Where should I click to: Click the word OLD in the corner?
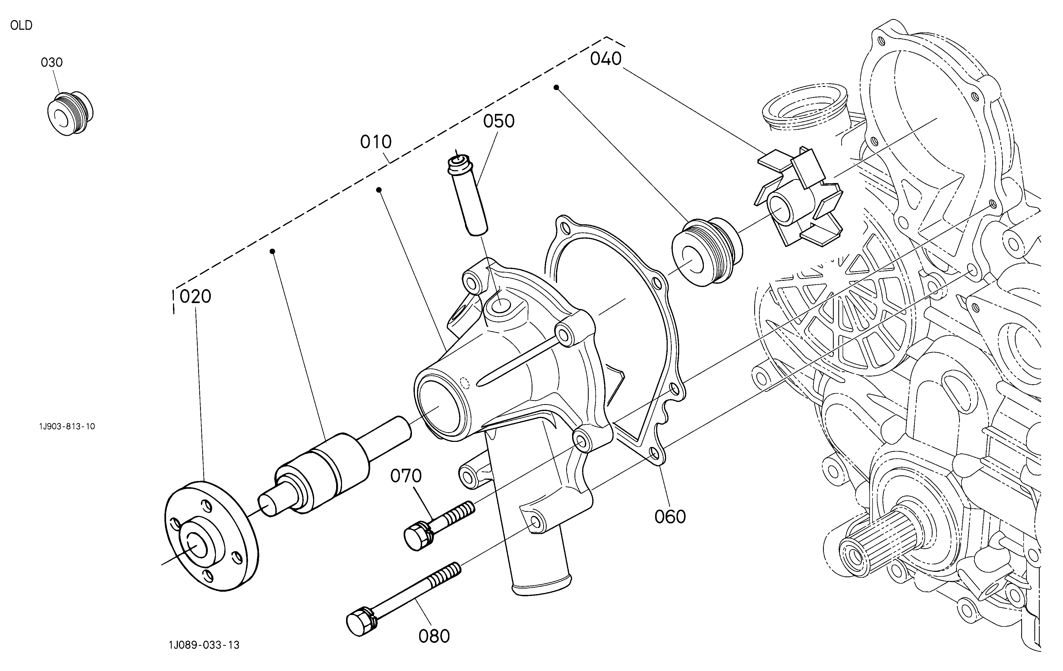click(x=21, y=26)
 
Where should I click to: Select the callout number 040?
click(x=606, y=59)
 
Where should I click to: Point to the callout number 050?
click(x=499, y=121)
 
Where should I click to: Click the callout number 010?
click(x=376, y=142)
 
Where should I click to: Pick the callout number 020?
click(x=195, y=296)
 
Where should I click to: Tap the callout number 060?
click(x=670, y=516)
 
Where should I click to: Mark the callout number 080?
click(x=434, y=636)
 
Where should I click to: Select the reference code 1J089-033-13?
click(x=204, y=645)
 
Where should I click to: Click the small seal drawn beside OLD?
click(x=70, y=114)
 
